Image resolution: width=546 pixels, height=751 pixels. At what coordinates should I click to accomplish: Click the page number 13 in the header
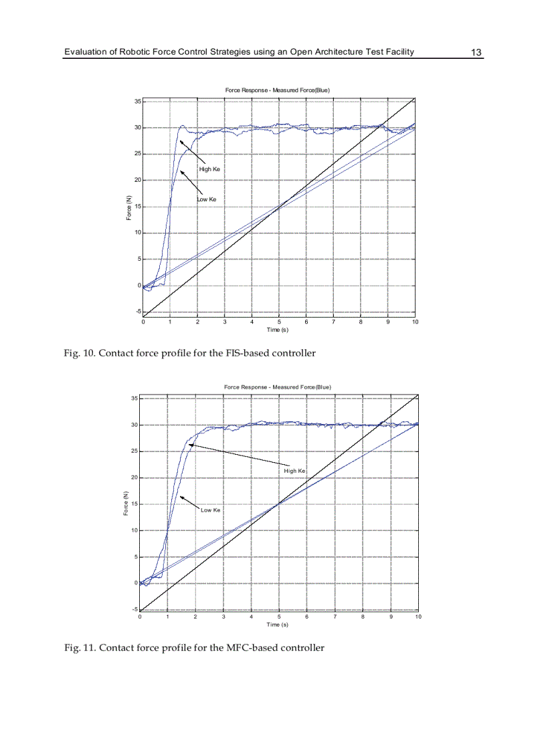tap(476, 52)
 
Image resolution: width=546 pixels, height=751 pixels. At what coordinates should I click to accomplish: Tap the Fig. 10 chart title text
tap(277, 90)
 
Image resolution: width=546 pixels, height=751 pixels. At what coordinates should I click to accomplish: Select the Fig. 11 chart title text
tap(277, 387)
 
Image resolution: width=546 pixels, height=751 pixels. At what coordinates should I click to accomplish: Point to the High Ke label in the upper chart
tap(209, 169)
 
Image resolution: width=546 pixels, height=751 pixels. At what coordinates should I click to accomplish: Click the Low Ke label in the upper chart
tap(206, 199)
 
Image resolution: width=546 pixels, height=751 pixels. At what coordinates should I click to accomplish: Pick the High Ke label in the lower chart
tap(294, 471)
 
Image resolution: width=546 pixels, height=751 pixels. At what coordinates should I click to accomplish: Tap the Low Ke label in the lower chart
tap(210, 510)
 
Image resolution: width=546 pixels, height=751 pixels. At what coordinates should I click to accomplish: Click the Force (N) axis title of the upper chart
tap(128, 207)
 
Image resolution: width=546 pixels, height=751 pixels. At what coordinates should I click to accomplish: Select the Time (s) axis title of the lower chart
tap(277, 625)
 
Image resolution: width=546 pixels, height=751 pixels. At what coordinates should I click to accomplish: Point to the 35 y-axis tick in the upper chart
tap(137, 102)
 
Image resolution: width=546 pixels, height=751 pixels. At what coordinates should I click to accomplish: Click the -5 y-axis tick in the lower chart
tap(134, 609)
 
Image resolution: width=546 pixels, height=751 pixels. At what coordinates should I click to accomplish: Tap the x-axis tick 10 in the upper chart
tap(415, 322)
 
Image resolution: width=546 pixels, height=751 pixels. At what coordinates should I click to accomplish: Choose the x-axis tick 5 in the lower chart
tap(279, 617)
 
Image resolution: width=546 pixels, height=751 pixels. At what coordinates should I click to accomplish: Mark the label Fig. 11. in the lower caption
tap(80, 647)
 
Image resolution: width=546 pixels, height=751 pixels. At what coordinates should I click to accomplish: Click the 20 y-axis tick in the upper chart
tap(137, 180)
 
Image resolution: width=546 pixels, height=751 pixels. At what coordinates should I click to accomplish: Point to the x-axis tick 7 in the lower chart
tap(335, 617)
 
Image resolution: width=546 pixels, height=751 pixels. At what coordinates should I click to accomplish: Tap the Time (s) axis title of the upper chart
tap(277, 330)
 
